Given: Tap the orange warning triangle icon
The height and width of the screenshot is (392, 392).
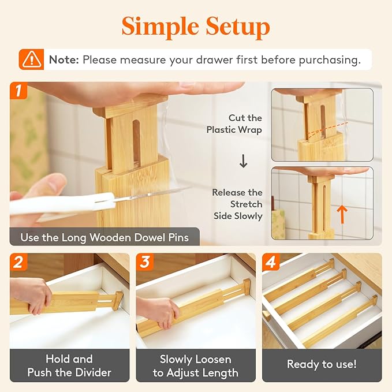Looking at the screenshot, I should coord(32,59).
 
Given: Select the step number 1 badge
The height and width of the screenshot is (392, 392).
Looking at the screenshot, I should coord(19,91).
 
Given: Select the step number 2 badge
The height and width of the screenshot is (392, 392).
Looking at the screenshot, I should coord(19,262).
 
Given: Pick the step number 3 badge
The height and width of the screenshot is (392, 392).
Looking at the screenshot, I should coord(145,262).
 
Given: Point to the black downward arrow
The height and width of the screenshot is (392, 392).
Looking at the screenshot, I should coord(243,162).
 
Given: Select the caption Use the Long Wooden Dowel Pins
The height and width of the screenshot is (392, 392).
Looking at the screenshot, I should coord(104,237).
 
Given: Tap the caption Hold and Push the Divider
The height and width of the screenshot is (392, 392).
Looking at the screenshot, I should coord(69,366).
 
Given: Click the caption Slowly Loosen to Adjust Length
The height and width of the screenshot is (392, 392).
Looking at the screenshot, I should coord(195,366).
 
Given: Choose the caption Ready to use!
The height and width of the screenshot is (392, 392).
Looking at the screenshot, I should coord(322,365).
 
